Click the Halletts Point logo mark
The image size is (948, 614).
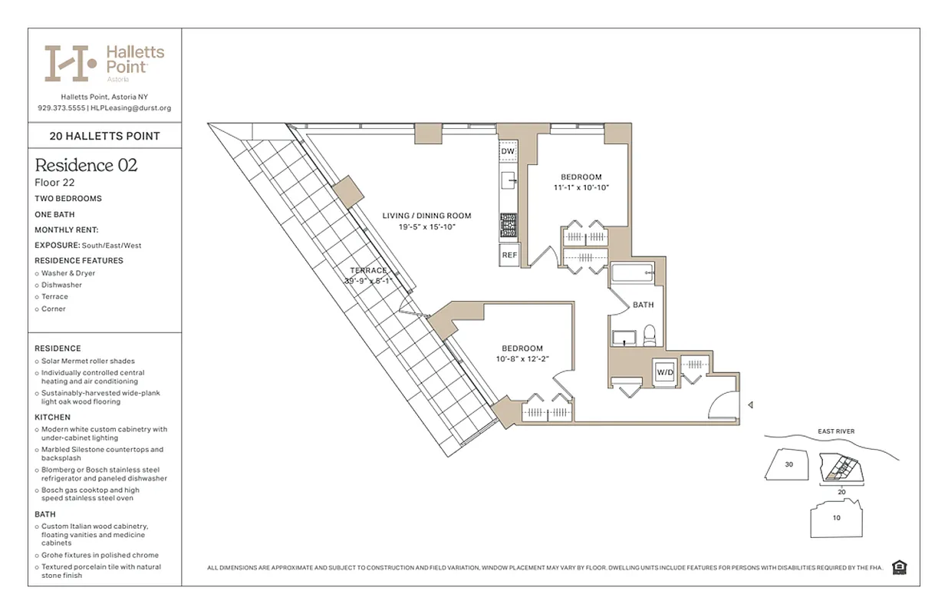[x=70, y=63]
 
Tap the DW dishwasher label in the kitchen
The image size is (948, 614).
[x=507, y=151]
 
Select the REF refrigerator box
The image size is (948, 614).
[x=509, y=255]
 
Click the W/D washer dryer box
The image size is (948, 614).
[x=663, y=372]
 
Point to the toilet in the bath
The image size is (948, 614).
[x=648, y=335]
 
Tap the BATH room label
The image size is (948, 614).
[x=643, y=305]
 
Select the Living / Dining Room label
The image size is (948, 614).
[x=426, y=216]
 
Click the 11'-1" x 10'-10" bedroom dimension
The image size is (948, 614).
[x=581, y=187]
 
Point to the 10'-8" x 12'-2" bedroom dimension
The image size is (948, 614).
[x=522, y=358]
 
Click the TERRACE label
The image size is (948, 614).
[x=368, y=270]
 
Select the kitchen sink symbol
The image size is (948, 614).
[x=509, y=180]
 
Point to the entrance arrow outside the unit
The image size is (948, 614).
[x=751, y=404]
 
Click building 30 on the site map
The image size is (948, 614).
[x=788, y=464]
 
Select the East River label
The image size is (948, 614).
[x=835, y=431]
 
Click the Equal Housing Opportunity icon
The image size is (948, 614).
[x=900, y=567]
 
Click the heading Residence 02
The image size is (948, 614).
[x=86, y=165]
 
